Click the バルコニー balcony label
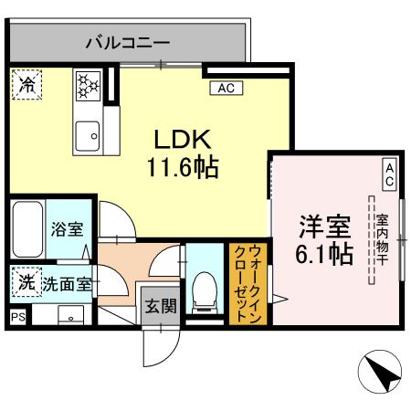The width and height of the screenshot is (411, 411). pyautogui.click(x=128, y=42)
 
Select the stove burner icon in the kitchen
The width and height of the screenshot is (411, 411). pyautogui.click(x=88, y=87)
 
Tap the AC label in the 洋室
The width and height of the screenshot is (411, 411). pyautogui.click(x=388, y=174)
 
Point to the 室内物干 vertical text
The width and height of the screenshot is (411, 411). pyautogui.click(x=381, y=237)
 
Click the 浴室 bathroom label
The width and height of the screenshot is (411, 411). pyautogui.click(x=67, y=229)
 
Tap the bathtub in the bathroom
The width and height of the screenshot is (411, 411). pyautogui.click(x=26, y=229)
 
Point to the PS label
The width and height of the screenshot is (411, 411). pyautogui.click(x=16, y=317)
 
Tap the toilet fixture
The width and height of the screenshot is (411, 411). pyautogui.click(x=205, y=289)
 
